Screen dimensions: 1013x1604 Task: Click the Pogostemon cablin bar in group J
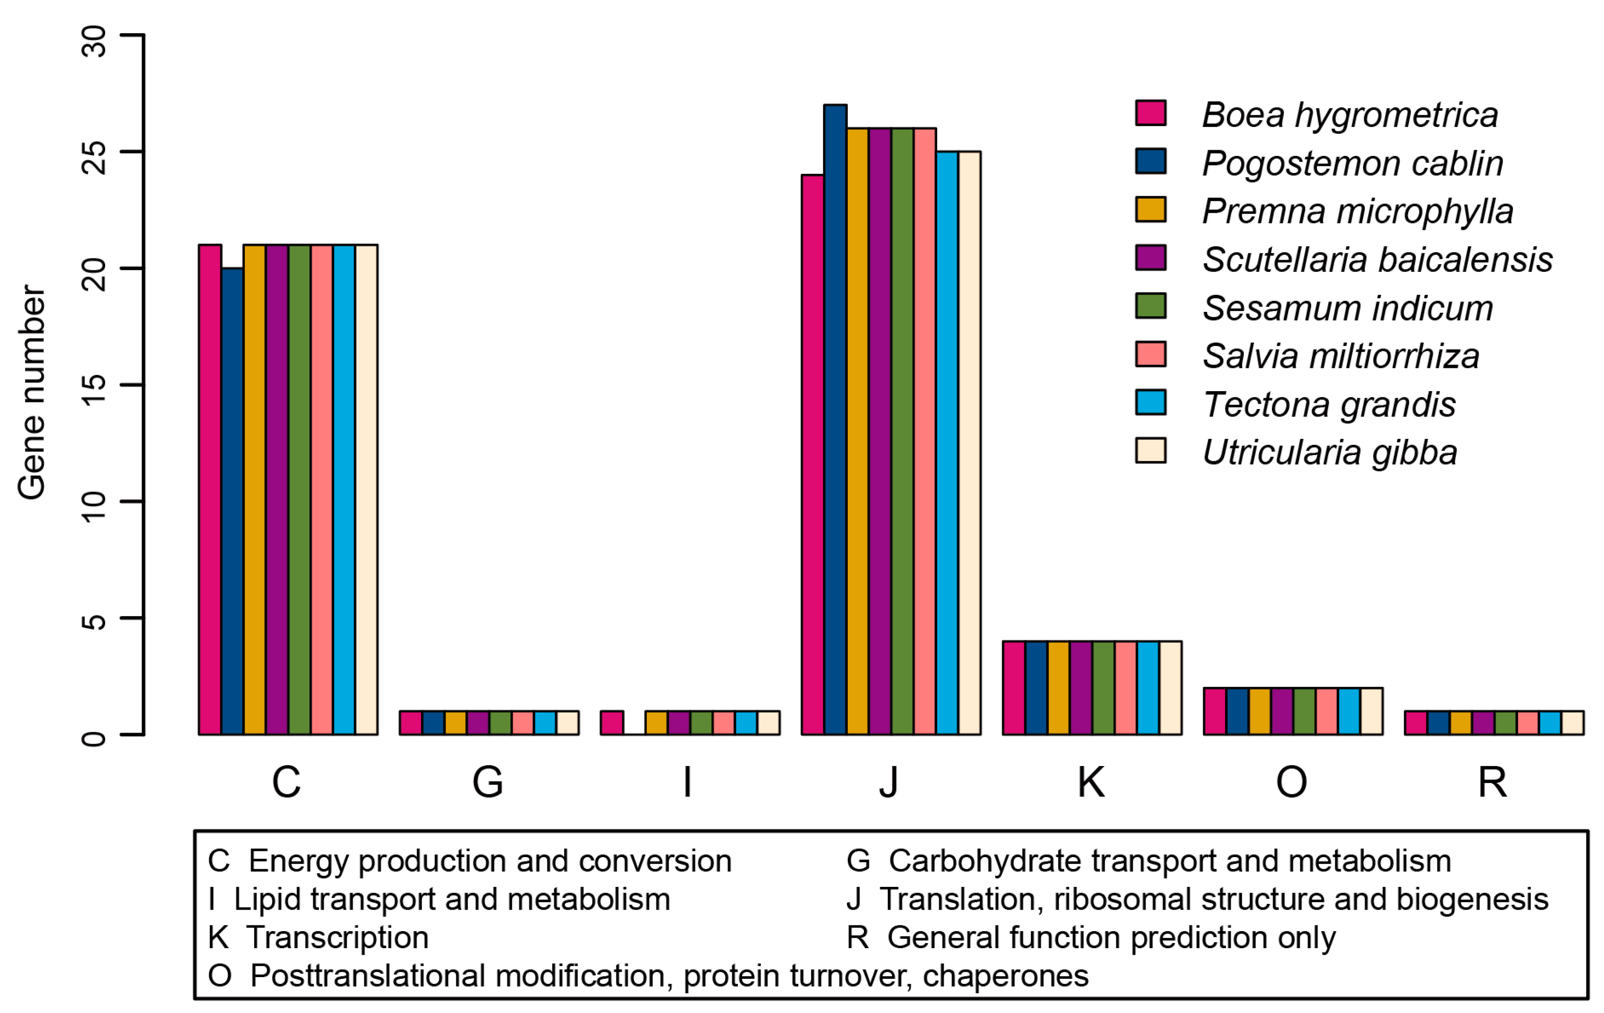click(x=836, y=420)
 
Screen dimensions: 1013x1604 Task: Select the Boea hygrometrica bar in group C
click(x=210, y=490)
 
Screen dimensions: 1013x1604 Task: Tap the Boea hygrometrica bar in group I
click(x=612, y=723)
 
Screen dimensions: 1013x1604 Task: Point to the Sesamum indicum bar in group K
click(x=1104, y=688)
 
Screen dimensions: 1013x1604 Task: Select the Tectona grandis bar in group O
click(x=1349, y=711)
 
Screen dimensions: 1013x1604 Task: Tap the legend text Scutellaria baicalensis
click(x=1377, y=260)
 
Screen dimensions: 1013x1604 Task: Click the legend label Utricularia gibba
click(x=1330, y=453)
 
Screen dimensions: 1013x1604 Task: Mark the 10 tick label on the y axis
click(x=94, y=501)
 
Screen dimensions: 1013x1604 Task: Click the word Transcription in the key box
click(x=338, y=938)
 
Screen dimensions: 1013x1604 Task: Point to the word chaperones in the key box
click(x=1006, y=976)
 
